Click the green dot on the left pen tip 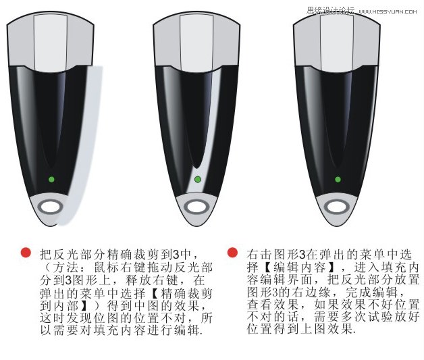point(51,179)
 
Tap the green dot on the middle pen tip point(197,179)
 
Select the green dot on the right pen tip point(338,179)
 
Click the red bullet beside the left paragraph point(26,253)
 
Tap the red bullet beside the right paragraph point(232,253)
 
